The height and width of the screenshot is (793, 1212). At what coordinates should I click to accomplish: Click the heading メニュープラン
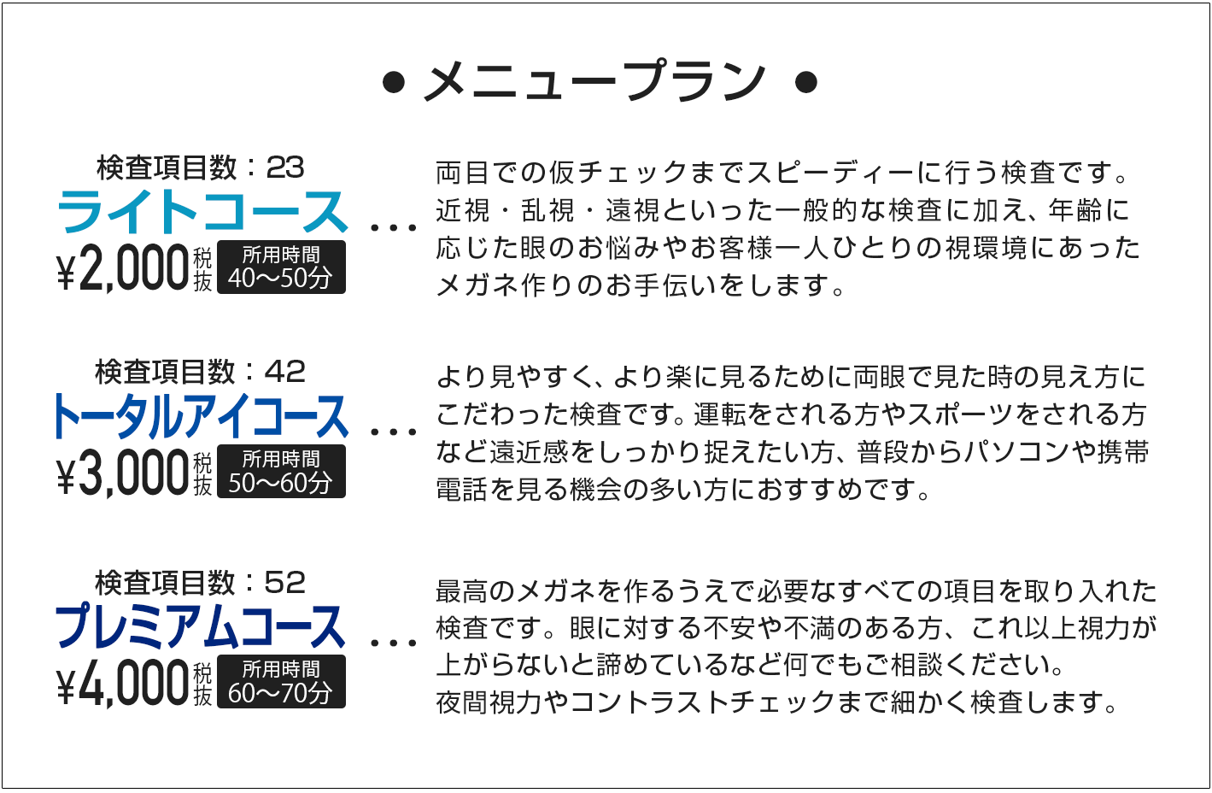(594, 82)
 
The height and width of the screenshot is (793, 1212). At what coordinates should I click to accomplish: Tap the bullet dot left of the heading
(394, 82)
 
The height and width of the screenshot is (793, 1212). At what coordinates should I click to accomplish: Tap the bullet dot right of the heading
(805, 82)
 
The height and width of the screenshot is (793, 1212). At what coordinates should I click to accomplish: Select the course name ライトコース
(202, 212)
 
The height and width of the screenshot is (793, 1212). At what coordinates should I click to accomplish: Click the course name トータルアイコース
(200, 416)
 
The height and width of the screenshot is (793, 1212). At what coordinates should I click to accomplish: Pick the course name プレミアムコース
(200, 626)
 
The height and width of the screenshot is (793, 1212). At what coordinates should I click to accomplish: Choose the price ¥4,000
(123, 683)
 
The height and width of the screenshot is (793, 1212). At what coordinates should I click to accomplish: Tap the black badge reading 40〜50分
(281, 267)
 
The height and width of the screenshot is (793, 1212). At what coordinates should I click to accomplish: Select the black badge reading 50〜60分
(281, 472)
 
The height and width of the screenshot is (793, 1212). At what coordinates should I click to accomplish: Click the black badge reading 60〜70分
(281, 682)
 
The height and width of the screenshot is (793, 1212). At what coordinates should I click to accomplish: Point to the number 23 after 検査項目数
(285, 167)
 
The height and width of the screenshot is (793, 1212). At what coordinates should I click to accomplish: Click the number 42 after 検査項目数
(285, 373)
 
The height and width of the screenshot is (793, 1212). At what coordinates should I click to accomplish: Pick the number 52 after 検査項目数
(285, 583)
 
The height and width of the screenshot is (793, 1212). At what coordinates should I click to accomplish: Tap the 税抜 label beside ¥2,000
(202, 269)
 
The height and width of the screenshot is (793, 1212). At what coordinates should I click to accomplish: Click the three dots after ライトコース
(394, 228)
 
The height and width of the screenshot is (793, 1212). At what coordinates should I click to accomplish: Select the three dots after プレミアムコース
(394, 643)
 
